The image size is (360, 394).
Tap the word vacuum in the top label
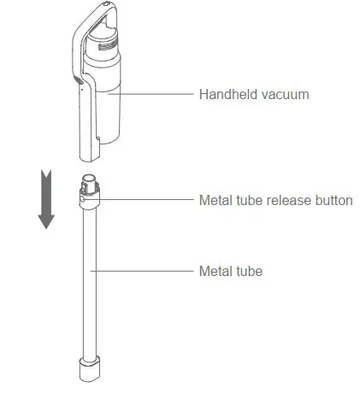[x=286, y=94]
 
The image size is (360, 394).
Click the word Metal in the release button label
[x=215, y=201]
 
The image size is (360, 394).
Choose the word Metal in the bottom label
[x=215, y=272]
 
